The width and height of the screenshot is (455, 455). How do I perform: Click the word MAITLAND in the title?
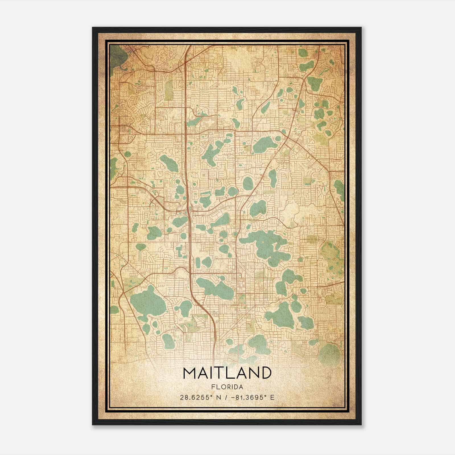(227, 373)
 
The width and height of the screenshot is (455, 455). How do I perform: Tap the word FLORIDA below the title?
(227, 387)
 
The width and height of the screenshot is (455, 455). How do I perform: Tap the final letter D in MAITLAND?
(265, 373)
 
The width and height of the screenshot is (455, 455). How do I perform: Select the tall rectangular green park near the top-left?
(169, 90)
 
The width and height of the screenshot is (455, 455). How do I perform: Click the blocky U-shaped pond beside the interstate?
(180, 252)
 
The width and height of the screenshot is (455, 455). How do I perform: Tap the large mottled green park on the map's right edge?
(331, 253)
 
